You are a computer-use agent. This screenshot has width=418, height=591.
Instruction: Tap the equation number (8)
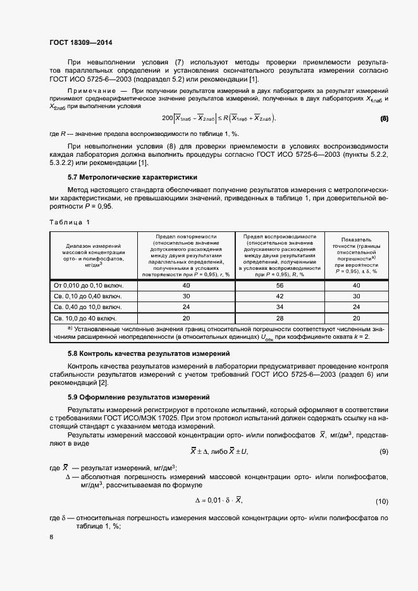pyautogui.click(x=384, y=118)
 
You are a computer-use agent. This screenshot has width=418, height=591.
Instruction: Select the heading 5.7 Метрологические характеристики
pyautogui.click(x=133, y=177)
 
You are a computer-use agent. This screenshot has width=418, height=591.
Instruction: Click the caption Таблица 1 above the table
pyautogui.click(x=70, y=222)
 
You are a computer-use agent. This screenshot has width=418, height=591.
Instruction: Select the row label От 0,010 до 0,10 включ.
pyautogui.click(x=88, y=285)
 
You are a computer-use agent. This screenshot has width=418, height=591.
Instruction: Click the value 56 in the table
pyautogui.click(x=280, y=285)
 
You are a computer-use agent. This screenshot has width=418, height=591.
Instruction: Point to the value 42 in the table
pyautogui.click(x=280, y=296)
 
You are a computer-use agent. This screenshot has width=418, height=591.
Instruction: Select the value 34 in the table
pyautogui.click(x=280, y=307)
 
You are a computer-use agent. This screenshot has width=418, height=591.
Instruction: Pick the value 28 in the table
pyautogui.click(x=280, y=318)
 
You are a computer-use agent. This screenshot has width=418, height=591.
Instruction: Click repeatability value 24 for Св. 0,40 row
pyautogui.click(x=187, y=307)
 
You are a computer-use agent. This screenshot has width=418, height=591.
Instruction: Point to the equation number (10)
pyautogui.click(x=381, y=501)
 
